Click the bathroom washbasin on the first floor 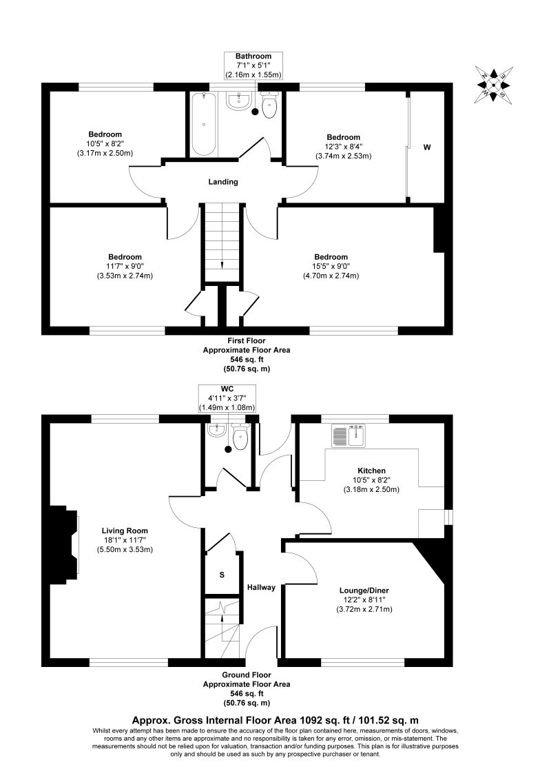coord(238,101)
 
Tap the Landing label coord(223,182)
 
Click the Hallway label coord(262,588)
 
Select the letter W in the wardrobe coord(427,147)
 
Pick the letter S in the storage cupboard coord(221,574)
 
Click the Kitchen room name coord(371,471)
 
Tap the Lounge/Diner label coord(362,591)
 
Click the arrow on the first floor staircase coord(222,265)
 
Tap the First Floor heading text coord(246,340)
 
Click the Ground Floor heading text coord(246,675)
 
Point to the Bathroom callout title coord(253,56)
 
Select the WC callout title coord(227,389)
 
